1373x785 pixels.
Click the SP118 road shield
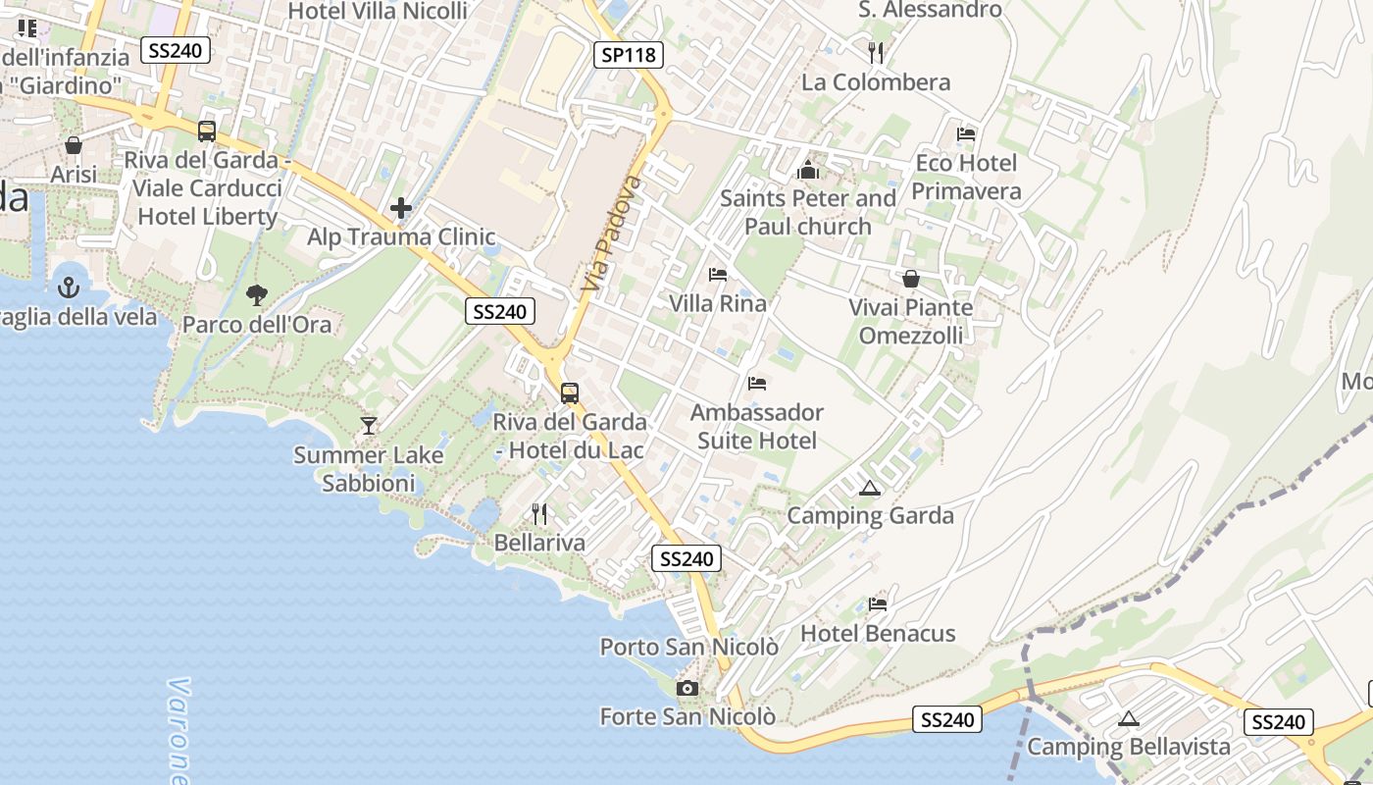click(x=628, y=55)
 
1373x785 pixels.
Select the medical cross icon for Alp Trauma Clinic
click(x=400, y=208)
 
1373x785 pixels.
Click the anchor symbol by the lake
click(x=69, y=288)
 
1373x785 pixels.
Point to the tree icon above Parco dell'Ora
click(x=257, y=294)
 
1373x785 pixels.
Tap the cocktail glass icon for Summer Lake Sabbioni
click(x=369, y=426)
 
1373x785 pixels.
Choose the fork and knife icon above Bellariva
click(x=538, y=513)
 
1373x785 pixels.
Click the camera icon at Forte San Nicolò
click(x=687, y=688)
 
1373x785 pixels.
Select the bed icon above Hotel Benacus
click(x=878, y=604)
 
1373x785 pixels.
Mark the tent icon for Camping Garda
click(x=869, y=488)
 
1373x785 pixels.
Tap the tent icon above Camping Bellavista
click(x=1128, y=718)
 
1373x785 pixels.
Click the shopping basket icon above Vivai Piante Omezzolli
click(x=911, y=279)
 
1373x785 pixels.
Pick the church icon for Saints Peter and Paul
click(x=808, y=170)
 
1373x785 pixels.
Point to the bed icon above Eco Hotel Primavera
click(x=966, y=133)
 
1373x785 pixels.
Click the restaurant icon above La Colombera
click(x=876, y=52)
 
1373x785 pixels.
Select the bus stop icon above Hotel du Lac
click(x=570, y=393)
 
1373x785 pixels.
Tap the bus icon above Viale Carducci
click(x=207, y=131)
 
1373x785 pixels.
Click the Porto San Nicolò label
click(x=689, y=648)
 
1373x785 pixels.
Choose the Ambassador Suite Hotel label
click(x=757, y=426)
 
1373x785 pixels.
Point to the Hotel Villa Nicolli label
click(x=378, y=11)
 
